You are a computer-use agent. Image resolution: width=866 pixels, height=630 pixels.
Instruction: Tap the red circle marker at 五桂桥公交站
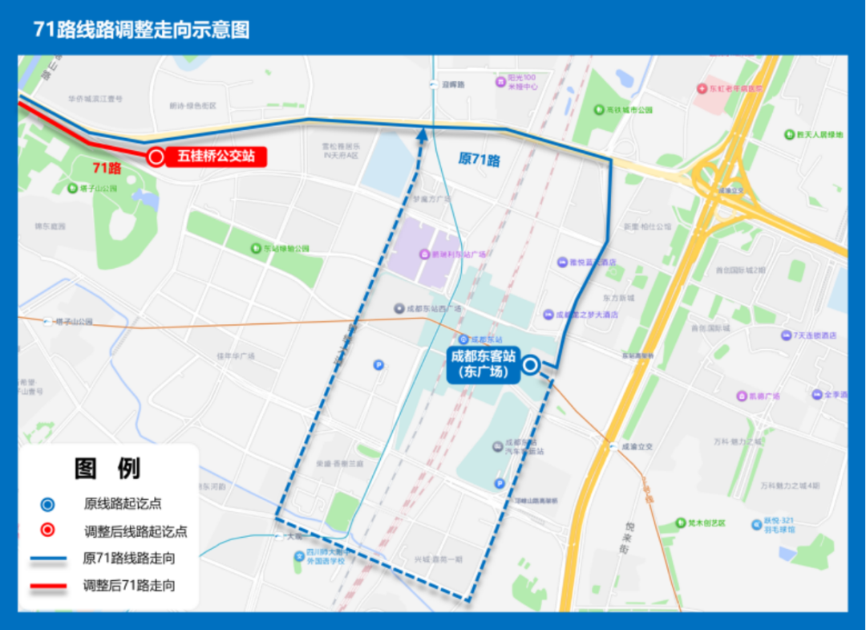[155, 157]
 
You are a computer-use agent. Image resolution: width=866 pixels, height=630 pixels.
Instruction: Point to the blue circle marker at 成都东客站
[531, 367]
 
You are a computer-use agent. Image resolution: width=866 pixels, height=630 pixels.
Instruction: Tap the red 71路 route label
[107, 168]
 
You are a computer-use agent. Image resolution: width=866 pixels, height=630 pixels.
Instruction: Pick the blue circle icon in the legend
[48, 504]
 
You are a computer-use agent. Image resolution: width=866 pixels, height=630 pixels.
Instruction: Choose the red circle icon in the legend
[48, 530]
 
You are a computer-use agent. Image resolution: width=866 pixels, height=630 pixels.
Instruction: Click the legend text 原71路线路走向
[128, 558]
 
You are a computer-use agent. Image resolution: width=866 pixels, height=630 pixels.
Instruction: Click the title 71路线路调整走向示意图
[142, 30]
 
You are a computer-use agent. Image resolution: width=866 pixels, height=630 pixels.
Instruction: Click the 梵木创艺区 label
[700, 523]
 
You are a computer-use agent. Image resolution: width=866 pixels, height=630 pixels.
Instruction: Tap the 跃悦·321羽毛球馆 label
[779, 526]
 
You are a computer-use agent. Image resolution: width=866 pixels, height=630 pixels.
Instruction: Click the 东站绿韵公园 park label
[286, 249]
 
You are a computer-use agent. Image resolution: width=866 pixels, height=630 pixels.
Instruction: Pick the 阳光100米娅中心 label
[522, 82]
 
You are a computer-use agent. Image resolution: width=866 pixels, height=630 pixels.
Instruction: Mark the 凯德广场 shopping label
[763, 396]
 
